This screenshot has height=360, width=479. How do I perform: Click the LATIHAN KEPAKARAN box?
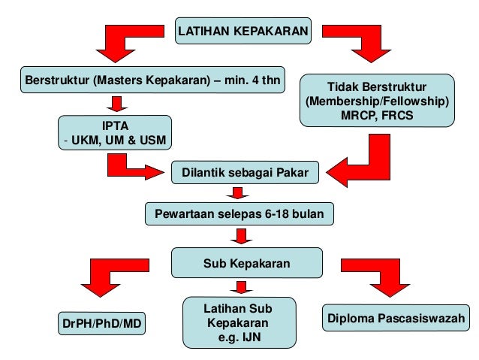point(243,32)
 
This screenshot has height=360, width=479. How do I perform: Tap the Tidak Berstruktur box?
point(377,100)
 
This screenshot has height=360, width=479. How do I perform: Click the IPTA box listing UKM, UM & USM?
point(115,132)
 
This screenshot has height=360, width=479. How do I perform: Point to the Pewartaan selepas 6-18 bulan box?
point(239,213)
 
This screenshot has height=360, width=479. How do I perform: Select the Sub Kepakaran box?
point(247,264)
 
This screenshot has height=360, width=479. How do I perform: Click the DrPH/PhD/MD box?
point(101,324)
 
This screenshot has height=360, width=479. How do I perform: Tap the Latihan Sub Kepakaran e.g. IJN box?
point(238,322)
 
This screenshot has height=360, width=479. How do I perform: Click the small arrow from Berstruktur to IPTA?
point(115,104)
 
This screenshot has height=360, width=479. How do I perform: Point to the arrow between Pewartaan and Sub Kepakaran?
point(241,236)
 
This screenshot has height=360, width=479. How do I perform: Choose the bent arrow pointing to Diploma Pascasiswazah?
point(380,277)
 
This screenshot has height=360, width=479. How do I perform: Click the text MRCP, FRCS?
point(377,115)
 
